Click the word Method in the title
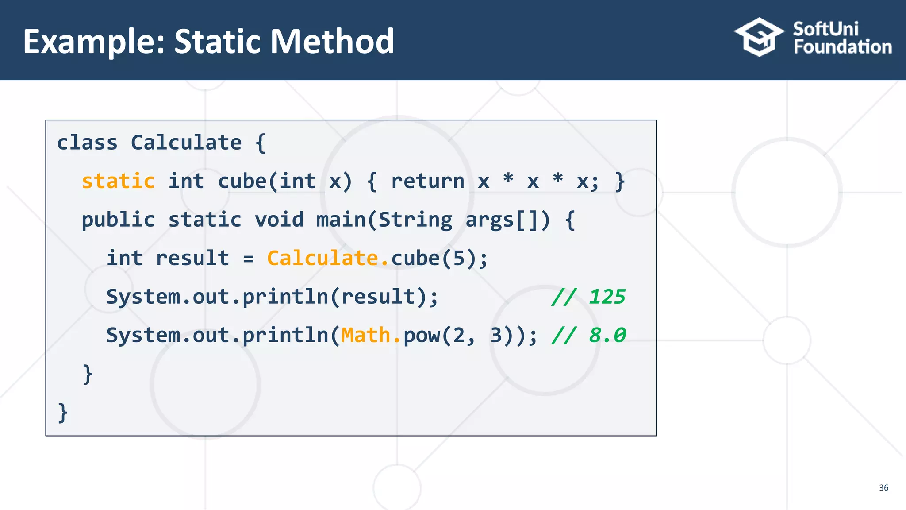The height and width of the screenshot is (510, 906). coord(332,42)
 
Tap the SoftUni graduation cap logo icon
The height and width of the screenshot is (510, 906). coord(759,37)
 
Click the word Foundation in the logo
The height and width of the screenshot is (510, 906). coord(842,47)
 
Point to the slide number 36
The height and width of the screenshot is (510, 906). coord(883,488)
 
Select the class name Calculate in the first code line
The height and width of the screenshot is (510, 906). coord(186,143)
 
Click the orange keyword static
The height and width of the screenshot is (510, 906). coord(118,182)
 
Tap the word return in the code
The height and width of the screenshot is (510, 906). coord(427,182)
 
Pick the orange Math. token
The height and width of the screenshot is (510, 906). coord(371,336)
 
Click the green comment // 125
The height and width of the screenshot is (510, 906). coord(588,297)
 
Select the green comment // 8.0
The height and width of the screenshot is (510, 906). coord(588,336)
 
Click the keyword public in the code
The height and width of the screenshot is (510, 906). coord(118,220)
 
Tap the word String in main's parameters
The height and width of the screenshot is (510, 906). coord(415,220)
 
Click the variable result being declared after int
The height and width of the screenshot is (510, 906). coord(192,259)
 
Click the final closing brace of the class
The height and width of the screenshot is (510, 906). coord(63,413)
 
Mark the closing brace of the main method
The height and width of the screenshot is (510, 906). coord(88,375)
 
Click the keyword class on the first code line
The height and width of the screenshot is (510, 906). coord(87,143)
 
